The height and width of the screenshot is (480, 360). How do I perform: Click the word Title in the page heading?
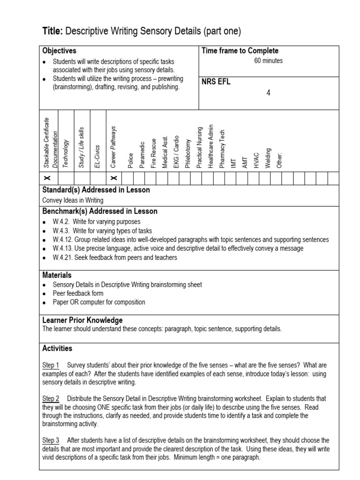[52, 31]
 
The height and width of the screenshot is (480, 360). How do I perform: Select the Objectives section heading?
[59, 51]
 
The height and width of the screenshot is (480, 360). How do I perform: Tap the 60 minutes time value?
[268, 61]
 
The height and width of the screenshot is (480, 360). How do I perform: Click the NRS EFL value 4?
[268, 93]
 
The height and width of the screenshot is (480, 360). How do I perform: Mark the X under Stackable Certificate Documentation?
[47, 179]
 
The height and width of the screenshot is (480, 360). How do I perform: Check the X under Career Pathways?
[113, 179]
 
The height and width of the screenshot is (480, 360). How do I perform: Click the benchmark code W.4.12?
[61, 240]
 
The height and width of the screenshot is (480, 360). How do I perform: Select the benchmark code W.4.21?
[61, 257]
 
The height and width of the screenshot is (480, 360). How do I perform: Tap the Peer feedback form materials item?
[78, 293]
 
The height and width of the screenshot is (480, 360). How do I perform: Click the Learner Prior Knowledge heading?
[82, 320]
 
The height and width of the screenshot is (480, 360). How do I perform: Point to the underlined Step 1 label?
[51, 365]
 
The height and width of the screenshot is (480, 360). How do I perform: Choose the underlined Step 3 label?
[51, 440]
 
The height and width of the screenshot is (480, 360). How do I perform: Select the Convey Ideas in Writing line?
[73, 200]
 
